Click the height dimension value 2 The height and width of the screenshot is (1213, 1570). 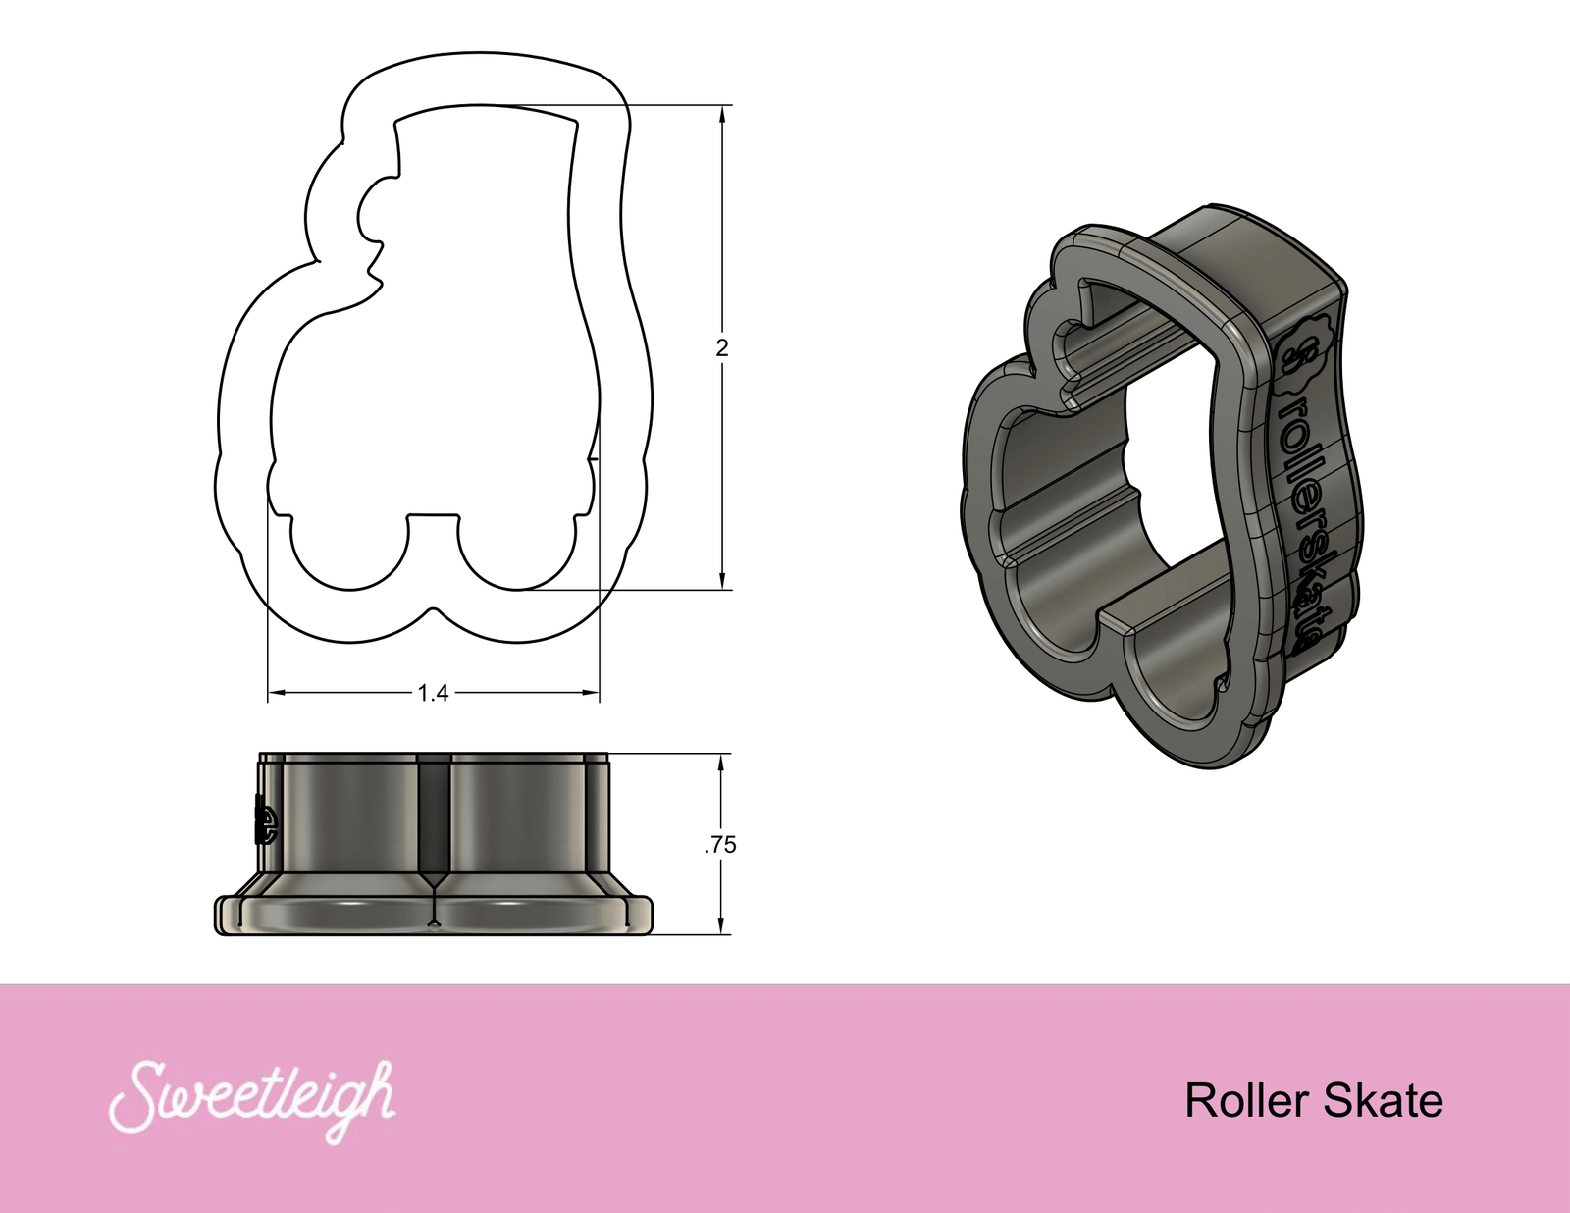pos(722,347)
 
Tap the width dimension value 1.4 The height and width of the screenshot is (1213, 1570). pos(433,694)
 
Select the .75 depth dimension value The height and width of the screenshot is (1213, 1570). pos(720,845)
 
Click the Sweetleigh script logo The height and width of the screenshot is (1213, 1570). pos(251,1101)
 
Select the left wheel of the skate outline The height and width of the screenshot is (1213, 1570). pos(349,553)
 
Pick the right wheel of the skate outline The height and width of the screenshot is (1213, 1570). pos(516,553)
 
